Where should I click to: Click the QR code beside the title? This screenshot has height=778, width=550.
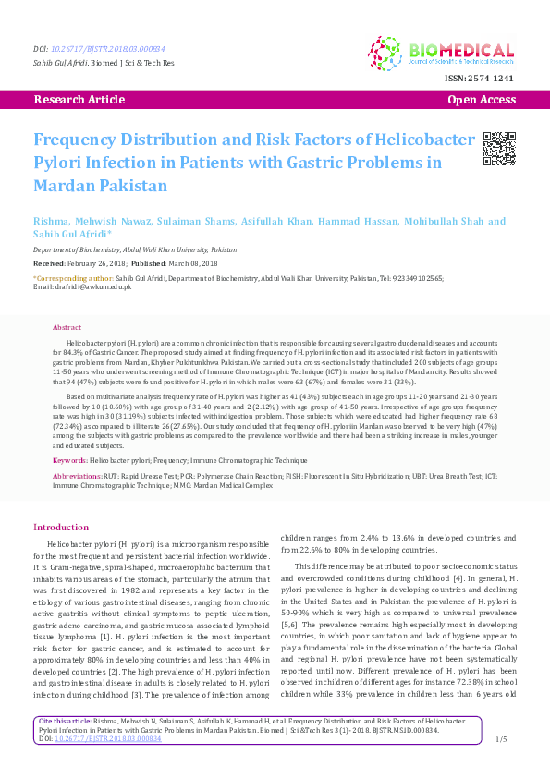point(499,149)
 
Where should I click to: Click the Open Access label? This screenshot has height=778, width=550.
point(482,99)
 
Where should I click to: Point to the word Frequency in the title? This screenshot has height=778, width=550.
point(76,140)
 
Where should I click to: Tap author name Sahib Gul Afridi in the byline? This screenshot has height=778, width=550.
point(70,235)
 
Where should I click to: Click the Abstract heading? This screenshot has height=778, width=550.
point(67,327)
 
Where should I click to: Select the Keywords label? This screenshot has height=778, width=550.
point(70,459)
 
